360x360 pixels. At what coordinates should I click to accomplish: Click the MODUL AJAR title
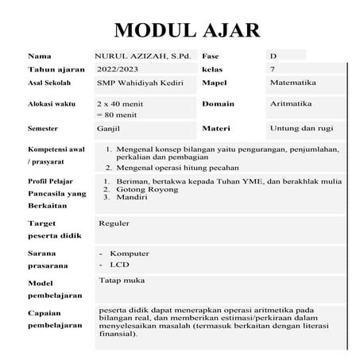click(188, 30)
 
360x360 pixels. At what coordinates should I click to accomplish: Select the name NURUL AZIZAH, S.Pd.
click(143, 56)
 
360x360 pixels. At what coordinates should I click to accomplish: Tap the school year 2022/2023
click(118, 70)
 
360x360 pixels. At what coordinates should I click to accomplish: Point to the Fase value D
click(273, 56)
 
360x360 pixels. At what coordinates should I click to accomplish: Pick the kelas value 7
click(273, 70)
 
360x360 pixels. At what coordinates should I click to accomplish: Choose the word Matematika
click(293, 83)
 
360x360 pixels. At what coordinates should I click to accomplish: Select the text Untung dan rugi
click(300, 127)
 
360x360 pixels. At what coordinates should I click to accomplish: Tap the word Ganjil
click(112, 127)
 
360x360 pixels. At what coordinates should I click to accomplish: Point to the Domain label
click(218, 104)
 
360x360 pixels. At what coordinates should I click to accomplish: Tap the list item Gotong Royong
click(149, 189)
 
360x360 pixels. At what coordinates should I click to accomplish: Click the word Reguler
click(114, 223)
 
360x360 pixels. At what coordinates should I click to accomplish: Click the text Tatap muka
click(121, 281)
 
